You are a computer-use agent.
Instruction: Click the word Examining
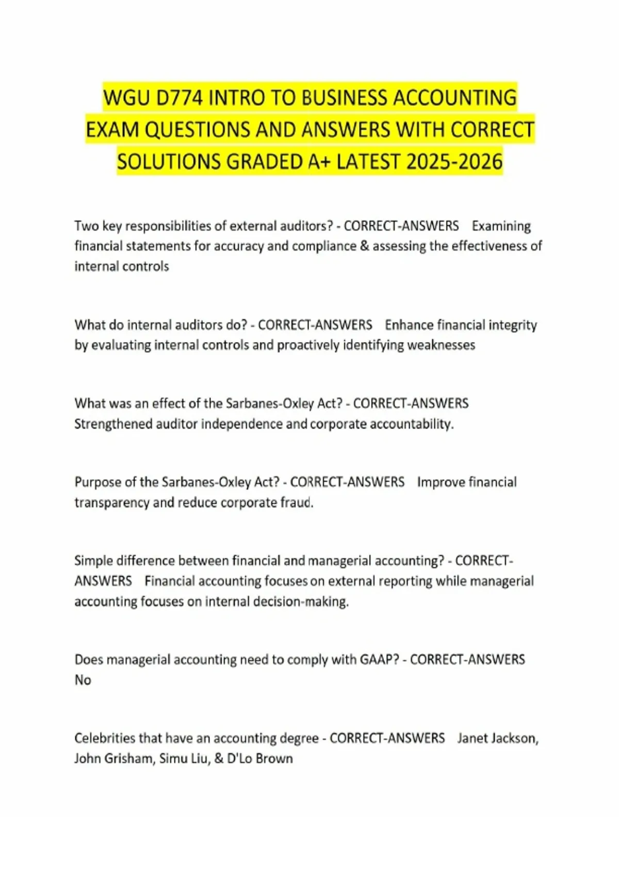501,226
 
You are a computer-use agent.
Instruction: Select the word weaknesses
441,345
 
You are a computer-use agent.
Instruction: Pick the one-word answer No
83,680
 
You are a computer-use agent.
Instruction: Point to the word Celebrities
104,738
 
